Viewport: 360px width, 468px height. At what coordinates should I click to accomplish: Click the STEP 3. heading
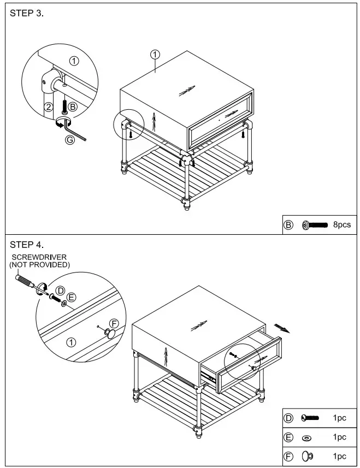pyautogui.click(x=27, y=14)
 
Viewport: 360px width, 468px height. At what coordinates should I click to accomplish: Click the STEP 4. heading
pyautogui.click(x=27, y=244)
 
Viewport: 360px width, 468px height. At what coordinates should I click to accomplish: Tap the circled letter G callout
pyautogui.click(x=69, y=140)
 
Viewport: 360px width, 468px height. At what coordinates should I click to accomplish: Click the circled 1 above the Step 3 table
pyautogui.click(x=155, y=54)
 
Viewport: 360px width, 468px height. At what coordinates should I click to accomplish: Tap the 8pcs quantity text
pyautogui.click(x=342, y=224)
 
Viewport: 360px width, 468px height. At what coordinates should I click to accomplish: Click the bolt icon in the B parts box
pyautogui.click(x=314, y=224)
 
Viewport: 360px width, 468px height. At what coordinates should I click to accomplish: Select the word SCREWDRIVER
pyautogui.click(x=37, y=257)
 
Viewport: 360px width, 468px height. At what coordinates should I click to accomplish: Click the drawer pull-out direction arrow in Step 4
pyautogui.click(x=281, y=327)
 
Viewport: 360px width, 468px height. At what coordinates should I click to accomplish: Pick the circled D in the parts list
pyautogui.click(x=289, y=418)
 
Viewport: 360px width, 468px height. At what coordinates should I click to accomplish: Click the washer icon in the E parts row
pyautogui.click(x=306, y=437)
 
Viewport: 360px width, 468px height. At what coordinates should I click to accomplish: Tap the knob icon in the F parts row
pyautogui.click(x=307, y=456)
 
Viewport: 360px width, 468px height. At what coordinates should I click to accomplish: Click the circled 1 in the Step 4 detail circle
pyautogui.click(x=70, y=342)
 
